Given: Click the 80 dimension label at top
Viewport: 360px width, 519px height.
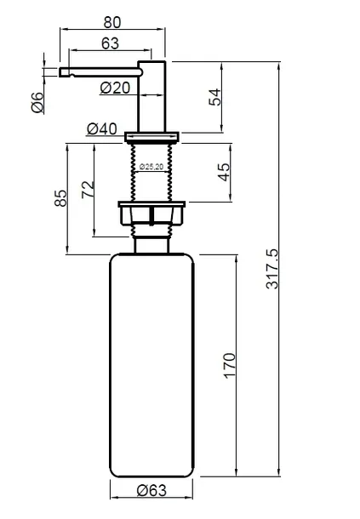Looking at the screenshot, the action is [x=112, y=22].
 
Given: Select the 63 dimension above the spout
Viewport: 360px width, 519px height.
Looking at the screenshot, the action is [x=110, y=43].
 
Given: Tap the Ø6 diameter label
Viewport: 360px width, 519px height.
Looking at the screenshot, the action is [x=37, y=103].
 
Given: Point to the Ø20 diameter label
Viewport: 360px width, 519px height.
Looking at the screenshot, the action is [x=115, y=88].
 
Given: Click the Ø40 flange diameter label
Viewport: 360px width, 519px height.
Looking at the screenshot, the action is [x=101, y=128].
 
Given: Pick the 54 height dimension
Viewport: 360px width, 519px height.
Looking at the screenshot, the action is [x=215, y=97].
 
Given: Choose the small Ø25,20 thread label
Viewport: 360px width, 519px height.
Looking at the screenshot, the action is [x=151, y=167].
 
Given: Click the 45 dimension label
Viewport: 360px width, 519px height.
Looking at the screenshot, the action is [x=224, y=172].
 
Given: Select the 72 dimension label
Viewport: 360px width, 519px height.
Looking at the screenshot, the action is [x=88, y=190].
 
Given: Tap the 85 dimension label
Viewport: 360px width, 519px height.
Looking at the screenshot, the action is [x=60, y=198].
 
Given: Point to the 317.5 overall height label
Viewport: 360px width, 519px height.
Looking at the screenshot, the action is [x=272, y=269].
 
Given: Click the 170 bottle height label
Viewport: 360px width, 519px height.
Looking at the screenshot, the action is [x=230, y=365].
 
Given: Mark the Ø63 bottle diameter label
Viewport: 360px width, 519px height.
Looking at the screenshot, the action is [x=151, y=490].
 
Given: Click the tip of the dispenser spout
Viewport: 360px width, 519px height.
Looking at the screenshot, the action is [x=60, y=72].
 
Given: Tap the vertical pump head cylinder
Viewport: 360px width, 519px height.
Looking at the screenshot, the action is [x=151, y=96].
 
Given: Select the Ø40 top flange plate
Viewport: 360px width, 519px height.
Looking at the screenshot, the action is [x=151, y=137].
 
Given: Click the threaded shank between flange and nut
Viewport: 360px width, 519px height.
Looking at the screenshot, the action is [x=151, y=172].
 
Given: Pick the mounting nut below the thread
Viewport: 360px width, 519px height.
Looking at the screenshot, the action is [x=151, y=214].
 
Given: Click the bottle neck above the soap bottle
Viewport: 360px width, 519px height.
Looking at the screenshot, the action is [x=151, y=245].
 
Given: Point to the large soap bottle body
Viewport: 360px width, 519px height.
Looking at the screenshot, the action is [x=151, y=365].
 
